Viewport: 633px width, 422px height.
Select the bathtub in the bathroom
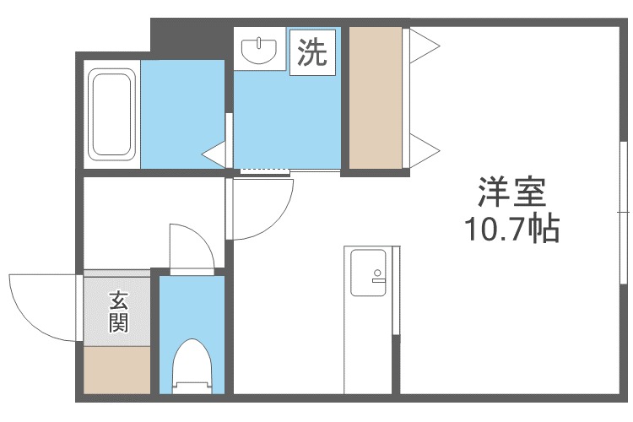(112, 114)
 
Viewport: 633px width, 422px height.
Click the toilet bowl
(192, 367)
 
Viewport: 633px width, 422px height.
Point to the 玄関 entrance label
(117, 311)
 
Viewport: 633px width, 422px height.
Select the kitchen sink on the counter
(368, 273)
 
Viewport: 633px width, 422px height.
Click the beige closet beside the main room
(376, 97)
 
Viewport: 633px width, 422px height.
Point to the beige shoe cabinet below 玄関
(117, 371)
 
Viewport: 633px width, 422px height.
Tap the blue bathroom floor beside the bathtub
(181, 114)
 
